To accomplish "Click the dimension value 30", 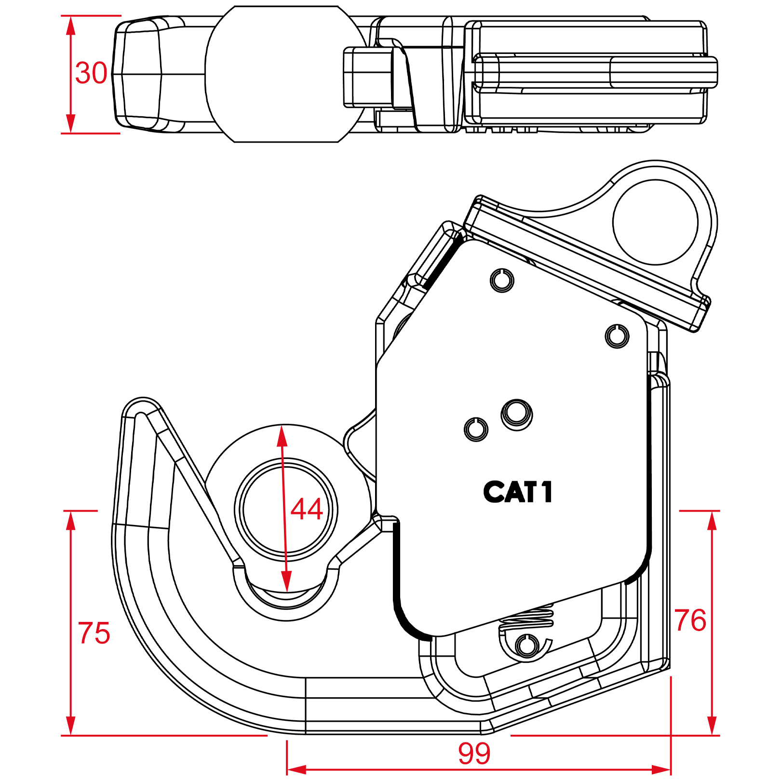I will click(91, 73).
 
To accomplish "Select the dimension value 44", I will click(307, 509).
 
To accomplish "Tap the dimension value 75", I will click(94, 633).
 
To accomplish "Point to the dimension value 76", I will click(690, 620).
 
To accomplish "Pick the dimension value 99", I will click(474, 753).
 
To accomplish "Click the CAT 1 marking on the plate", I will click(518, 492).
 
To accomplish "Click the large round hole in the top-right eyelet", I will click(655, 222).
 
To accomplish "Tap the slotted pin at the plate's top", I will click(502, 280).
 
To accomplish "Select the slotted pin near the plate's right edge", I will click(617, 336).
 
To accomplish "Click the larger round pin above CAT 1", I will click(517, 414).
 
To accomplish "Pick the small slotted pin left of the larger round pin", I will click(476, 429).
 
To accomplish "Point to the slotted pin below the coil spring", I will click(527, 645).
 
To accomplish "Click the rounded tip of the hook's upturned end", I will click(142, 408).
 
